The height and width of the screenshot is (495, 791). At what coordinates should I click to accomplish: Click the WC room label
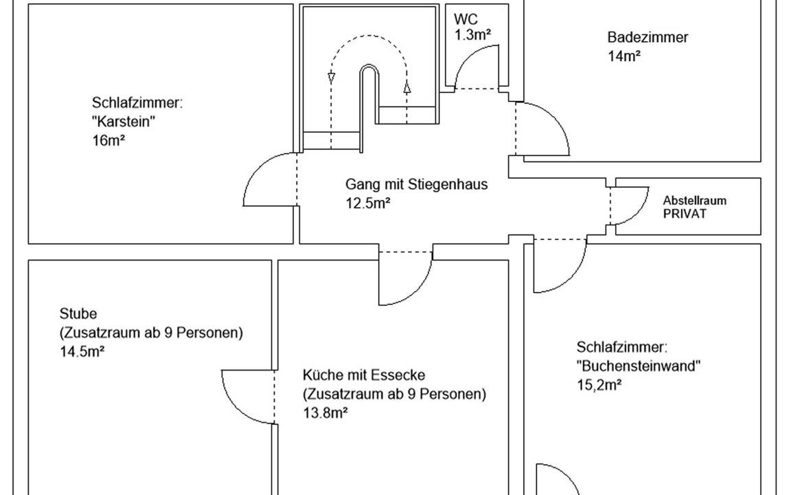click(x=466, y=19)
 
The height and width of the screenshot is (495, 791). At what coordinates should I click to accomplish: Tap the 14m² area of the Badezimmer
click(x=624, y=56)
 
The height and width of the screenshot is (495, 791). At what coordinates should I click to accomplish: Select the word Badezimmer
click(x=647, y=38)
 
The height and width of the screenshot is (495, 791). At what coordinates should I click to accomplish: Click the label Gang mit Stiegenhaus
click(x=417, y=184)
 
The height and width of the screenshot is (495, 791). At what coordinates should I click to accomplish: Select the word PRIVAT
click(x=685, y=213)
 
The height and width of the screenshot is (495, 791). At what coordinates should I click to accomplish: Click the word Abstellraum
click(x=694, y=201)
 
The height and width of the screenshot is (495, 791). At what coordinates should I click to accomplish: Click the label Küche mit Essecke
click(x=364, y=375)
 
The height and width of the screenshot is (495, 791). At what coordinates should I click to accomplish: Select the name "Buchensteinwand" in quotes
click(x=639, y=366)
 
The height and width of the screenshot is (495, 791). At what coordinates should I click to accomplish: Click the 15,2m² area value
click(x=599, y=384)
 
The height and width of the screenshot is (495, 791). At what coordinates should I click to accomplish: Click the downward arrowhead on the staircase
click(x=332, y=77)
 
